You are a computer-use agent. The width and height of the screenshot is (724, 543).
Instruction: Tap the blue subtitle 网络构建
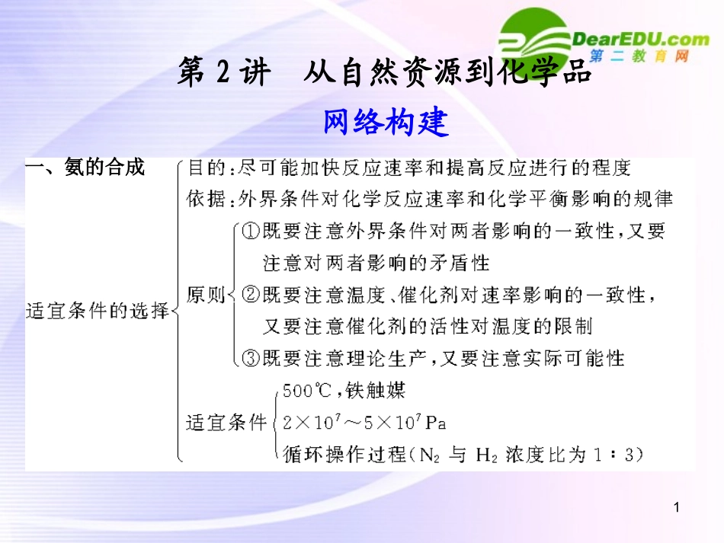click(x=386, y=122)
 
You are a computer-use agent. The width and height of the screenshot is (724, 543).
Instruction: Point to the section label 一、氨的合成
click(x=85, y=168)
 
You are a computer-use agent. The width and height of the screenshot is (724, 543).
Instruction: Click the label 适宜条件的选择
click(x=97, y=311)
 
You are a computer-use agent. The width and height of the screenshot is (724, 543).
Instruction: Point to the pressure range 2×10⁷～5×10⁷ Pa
click(x=364, y=422)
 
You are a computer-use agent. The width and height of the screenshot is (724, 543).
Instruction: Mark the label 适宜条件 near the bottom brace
click(x=227, y=423)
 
